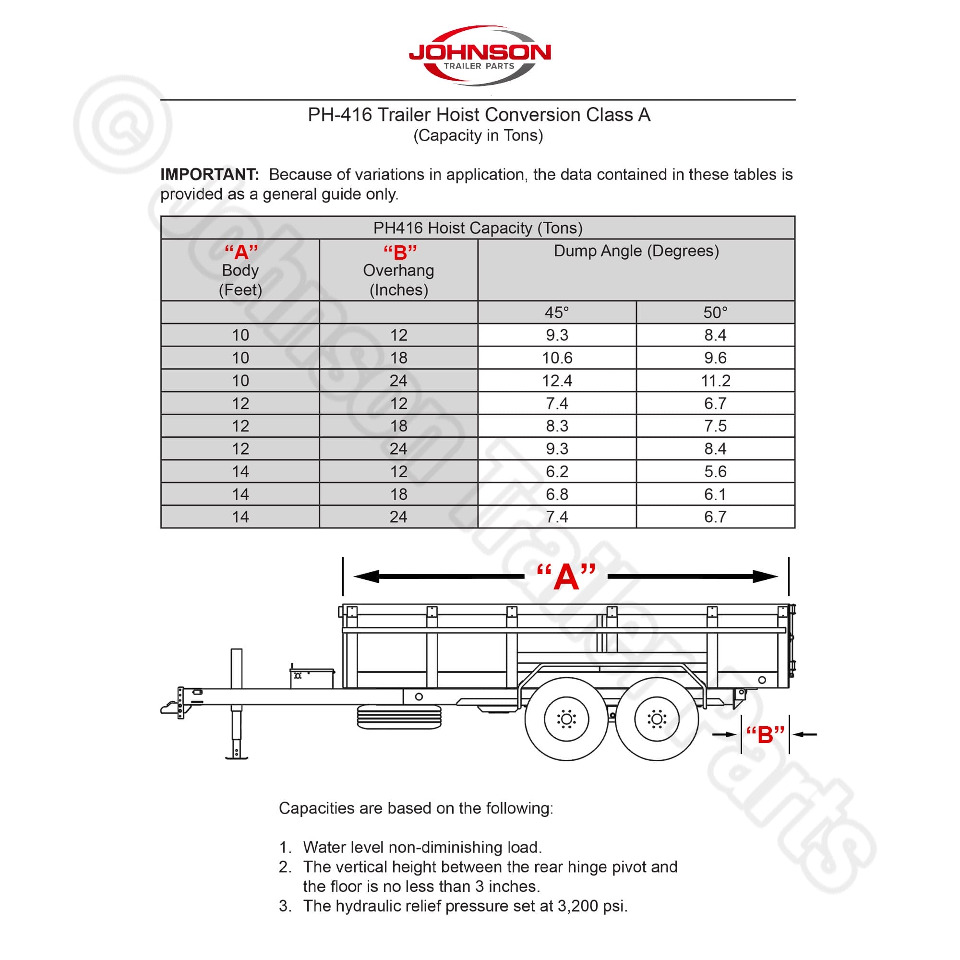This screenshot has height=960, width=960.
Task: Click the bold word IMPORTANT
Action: point(209,174)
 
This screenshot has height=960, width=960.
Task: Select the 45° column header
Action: point(556,312)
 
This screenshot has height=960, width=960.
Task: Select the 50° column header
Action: point(715,312)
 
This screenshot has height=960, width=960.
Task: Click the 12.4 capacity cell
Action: point(556,381)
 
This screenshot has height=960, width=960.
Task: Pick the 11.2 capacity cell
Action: point(715,381)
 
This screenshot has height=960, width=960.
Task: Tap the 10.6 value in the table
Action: point(556,358)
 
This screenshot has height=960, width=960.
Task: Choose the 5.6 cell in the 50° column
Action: point(715,471)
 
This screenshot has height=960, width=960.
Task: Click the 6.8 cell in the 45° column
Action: point(556,494)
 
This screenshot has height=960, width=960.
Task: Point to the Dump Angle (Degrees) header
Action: point(636,251)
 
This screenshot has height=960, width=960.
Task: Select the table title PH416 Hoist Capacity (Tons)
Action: point(478,228)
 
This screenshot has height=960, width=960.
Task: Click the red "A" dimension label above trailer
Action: point(566,577)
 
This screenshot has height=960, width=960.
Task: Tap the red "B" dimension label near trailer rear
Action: point(765,734)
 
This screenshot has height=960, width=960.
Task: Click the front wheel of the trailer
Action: point(566,719)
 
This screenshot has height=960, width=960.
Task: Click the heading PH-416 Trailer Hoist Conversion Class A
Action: point(479,115)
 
